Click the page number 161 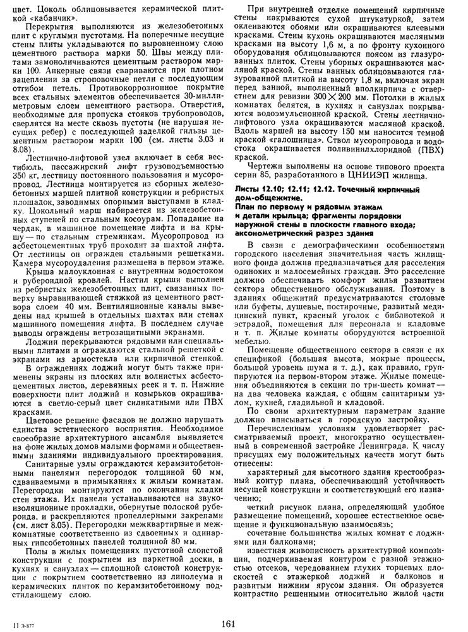pyautogui.click(x=229, y=624)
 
